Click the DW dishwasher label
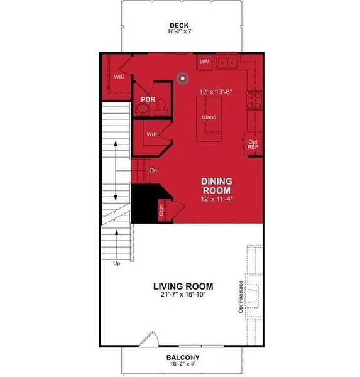[204, 62]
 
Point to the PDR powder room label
[148, 100]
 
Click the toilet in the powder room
[160, 105]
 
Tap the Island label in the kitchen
[209, 117]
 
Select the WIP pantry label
[151, 134]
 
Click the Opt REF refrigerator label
[253, 145]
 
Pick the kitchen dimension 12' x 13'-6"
[216, 92]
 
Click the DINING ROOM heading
[216, 185]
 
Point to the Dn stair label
[153, 170]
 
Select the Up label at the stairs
[116, 264]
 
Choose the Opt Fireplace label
[241, 297]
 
